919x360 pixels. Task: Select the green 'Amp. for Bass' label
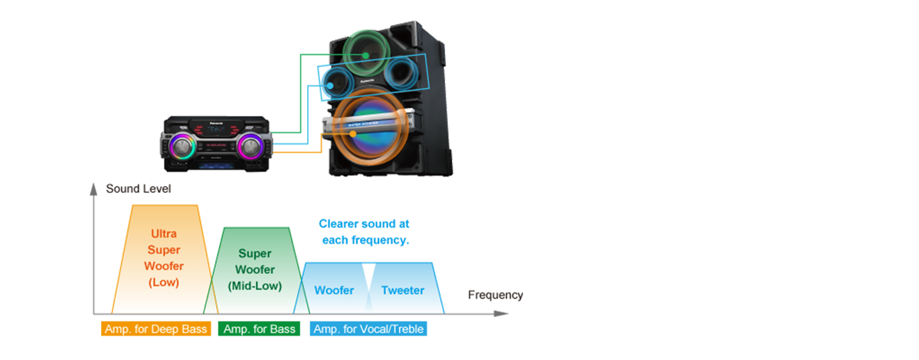(x=260, y=329)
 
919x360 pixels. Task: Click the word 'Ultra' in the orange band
(x=163, y=234)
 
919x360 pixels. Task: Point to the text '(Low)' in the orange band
(x=163, y=283)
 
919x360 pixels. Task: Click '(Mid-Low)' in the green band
(x=256, y=286)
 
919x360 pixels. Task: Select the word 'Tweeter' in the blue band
(x=402, y=290)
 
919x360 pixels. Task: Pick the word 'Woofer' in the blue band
(x=334, y=290)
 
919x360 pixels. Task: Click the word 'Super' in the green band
(x=255, y=253)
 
